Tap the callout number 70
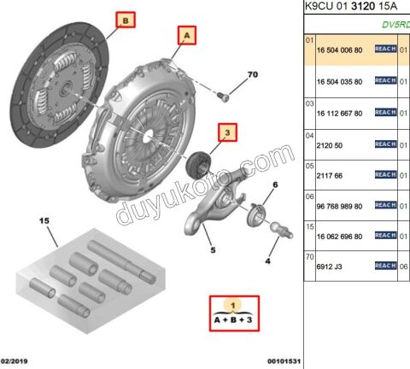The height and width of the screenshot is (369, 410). [252, 75]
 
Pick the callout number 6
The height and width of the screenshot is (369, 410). [274, 185]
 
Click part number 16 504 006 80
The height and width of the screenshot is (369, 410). [339, 51]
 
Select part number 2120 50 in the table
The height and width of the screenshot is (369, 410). [328, 145]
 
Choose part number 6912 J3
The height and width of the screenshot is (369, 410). [330, 266]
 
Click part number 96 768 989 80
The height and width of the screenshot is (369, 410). [339, 206]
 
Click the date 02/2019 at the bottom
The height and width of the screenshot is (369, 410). [16, 362]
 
